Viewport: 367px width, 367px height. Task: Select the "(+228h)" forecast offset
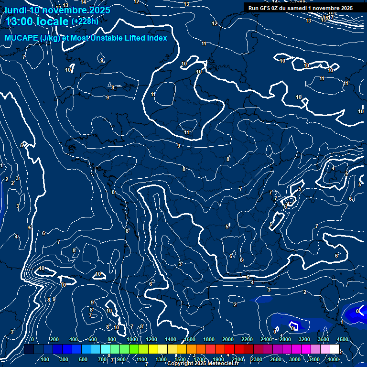click(85, 21)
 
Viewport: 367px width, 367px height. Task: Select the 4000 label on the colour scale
click(334, 359)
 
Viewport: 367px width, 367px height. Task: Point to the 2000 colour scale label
click(228, 339)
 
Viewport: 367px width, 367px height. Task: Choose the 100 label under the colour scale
click(45, 359)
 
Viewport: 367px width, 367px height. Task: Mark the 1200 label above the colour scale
click(151, 339)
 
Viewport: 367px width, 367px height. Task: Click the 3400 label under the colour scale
click(314, 359)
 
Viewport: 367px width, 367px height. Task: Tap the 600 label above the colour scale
click(93, 339)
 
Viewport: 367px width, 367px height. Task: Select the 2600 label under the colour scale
click(276, 359)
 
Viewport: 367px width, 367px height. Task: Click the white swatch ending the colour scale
click(335, 349)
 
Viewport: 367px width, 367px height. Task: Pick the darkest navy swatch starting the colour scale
click(28, 349)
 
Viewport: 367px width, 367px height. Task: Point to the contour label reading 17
click(331, 17)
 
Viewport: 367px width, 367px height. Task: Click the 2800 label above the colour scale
click(285, 339)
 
